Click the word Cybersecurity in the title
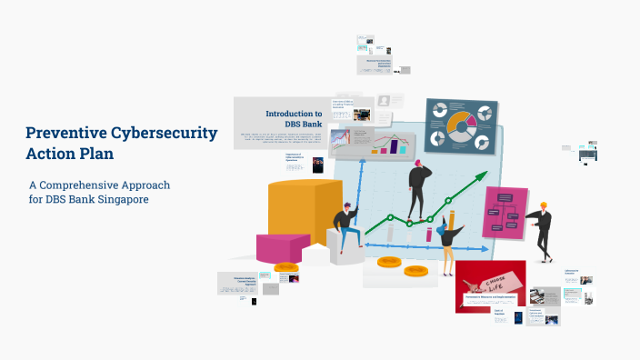tap(162, 133)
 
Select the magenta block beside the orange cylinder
tap(283, 246)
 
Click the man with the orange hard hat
tap(543, 231)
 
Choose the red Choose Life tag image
tap(492, 284)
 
